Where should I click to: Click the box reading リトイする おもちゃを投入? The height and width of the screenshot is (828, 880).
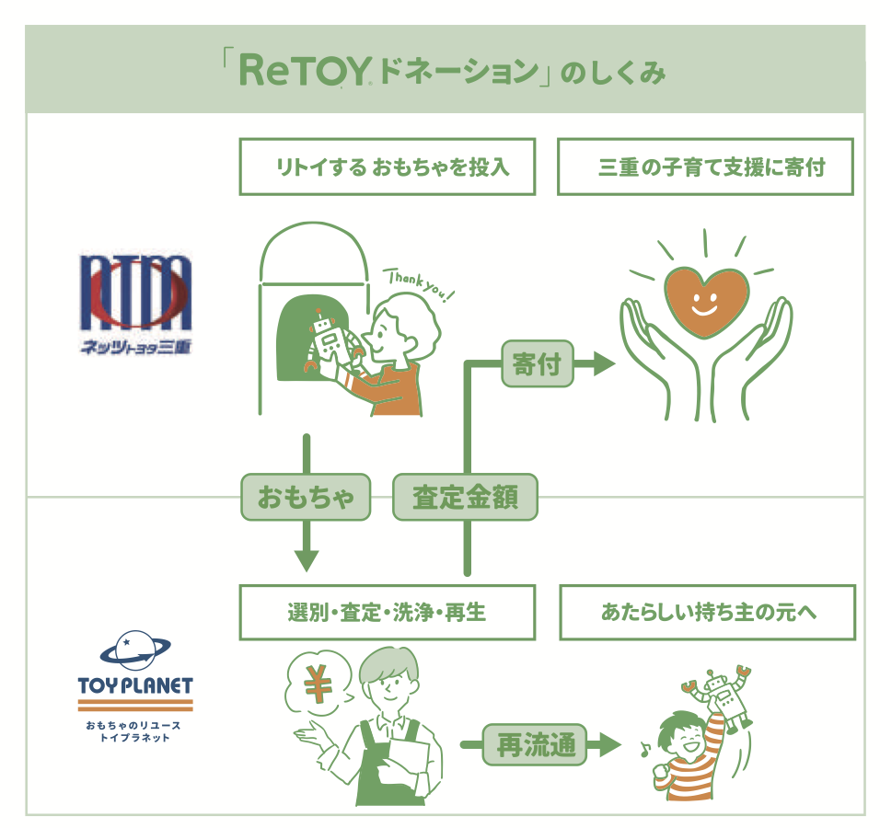tap(387, 167)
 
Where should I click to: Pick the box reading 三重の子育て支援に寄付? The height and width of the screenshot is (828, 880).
tap(705, 167)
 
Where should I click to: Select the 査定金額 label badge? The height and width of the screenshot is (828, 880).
tap(465, 498)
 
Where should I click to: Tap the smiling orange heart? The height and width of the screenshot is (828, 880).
tap(706, 302)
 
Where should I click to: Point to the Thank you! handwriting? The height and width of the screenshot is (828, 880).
tap(421, 284)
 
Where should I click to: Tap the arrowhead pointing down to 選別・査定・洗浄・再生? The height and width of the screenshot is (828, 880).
tap(306, 559)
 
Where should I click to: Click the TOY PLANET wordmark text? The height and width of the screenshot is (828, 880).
tap(135, 686)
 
